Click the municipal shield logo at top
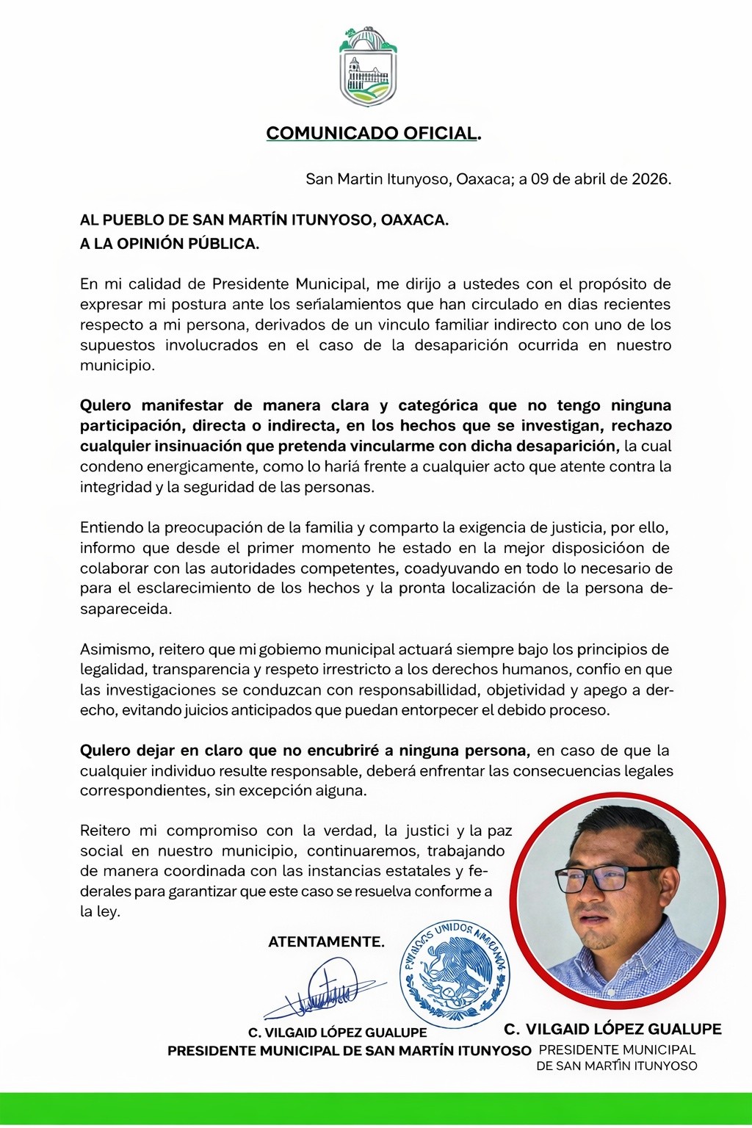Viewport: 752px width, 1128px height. click(x=368, y=68)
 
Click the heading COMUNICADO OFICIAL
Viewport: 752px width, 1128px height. click(x=373, y=133)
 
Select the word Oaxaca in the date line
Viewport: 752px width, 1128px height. click(x=484, y=179)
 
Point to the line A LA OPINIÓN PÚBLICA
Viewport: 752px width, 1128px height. click(x=170, y=244)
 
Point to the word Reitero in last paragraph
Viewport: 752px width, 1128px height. click(x=106, y=831)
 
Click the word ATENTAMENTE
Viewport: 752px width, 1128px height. click(x=326, y=941)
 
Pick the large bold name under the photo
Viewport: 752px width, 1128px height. click(x=612, y=1029)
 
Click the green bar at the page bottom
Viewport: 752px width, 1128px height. click(x=376, y=1107)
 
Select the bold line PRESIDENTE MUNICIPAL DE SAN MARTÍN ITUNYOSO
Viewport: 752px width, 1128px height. click(x=349, y=1051)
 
